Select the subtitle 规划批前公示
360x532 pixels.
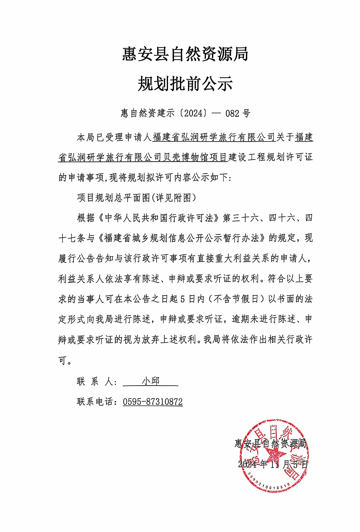(x=185, y=84)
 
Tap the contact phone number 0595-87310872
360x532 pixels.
(x=153, y=402)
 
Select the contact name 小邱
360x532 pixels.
(x=150, y=381)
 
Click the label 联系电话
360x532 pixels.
(x=96, y=402)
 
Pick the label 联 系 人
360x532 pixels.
(x=96, y=382)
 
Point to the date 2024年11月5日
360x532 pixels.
(x=273, y=464)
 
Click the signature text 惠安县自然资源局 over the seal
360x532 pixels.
(x=270, y=443)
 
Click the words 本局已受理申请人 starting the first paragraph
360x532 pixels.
(x=114, y=138)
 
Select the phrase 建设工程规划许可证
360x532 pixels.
(x=270, y=158)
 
